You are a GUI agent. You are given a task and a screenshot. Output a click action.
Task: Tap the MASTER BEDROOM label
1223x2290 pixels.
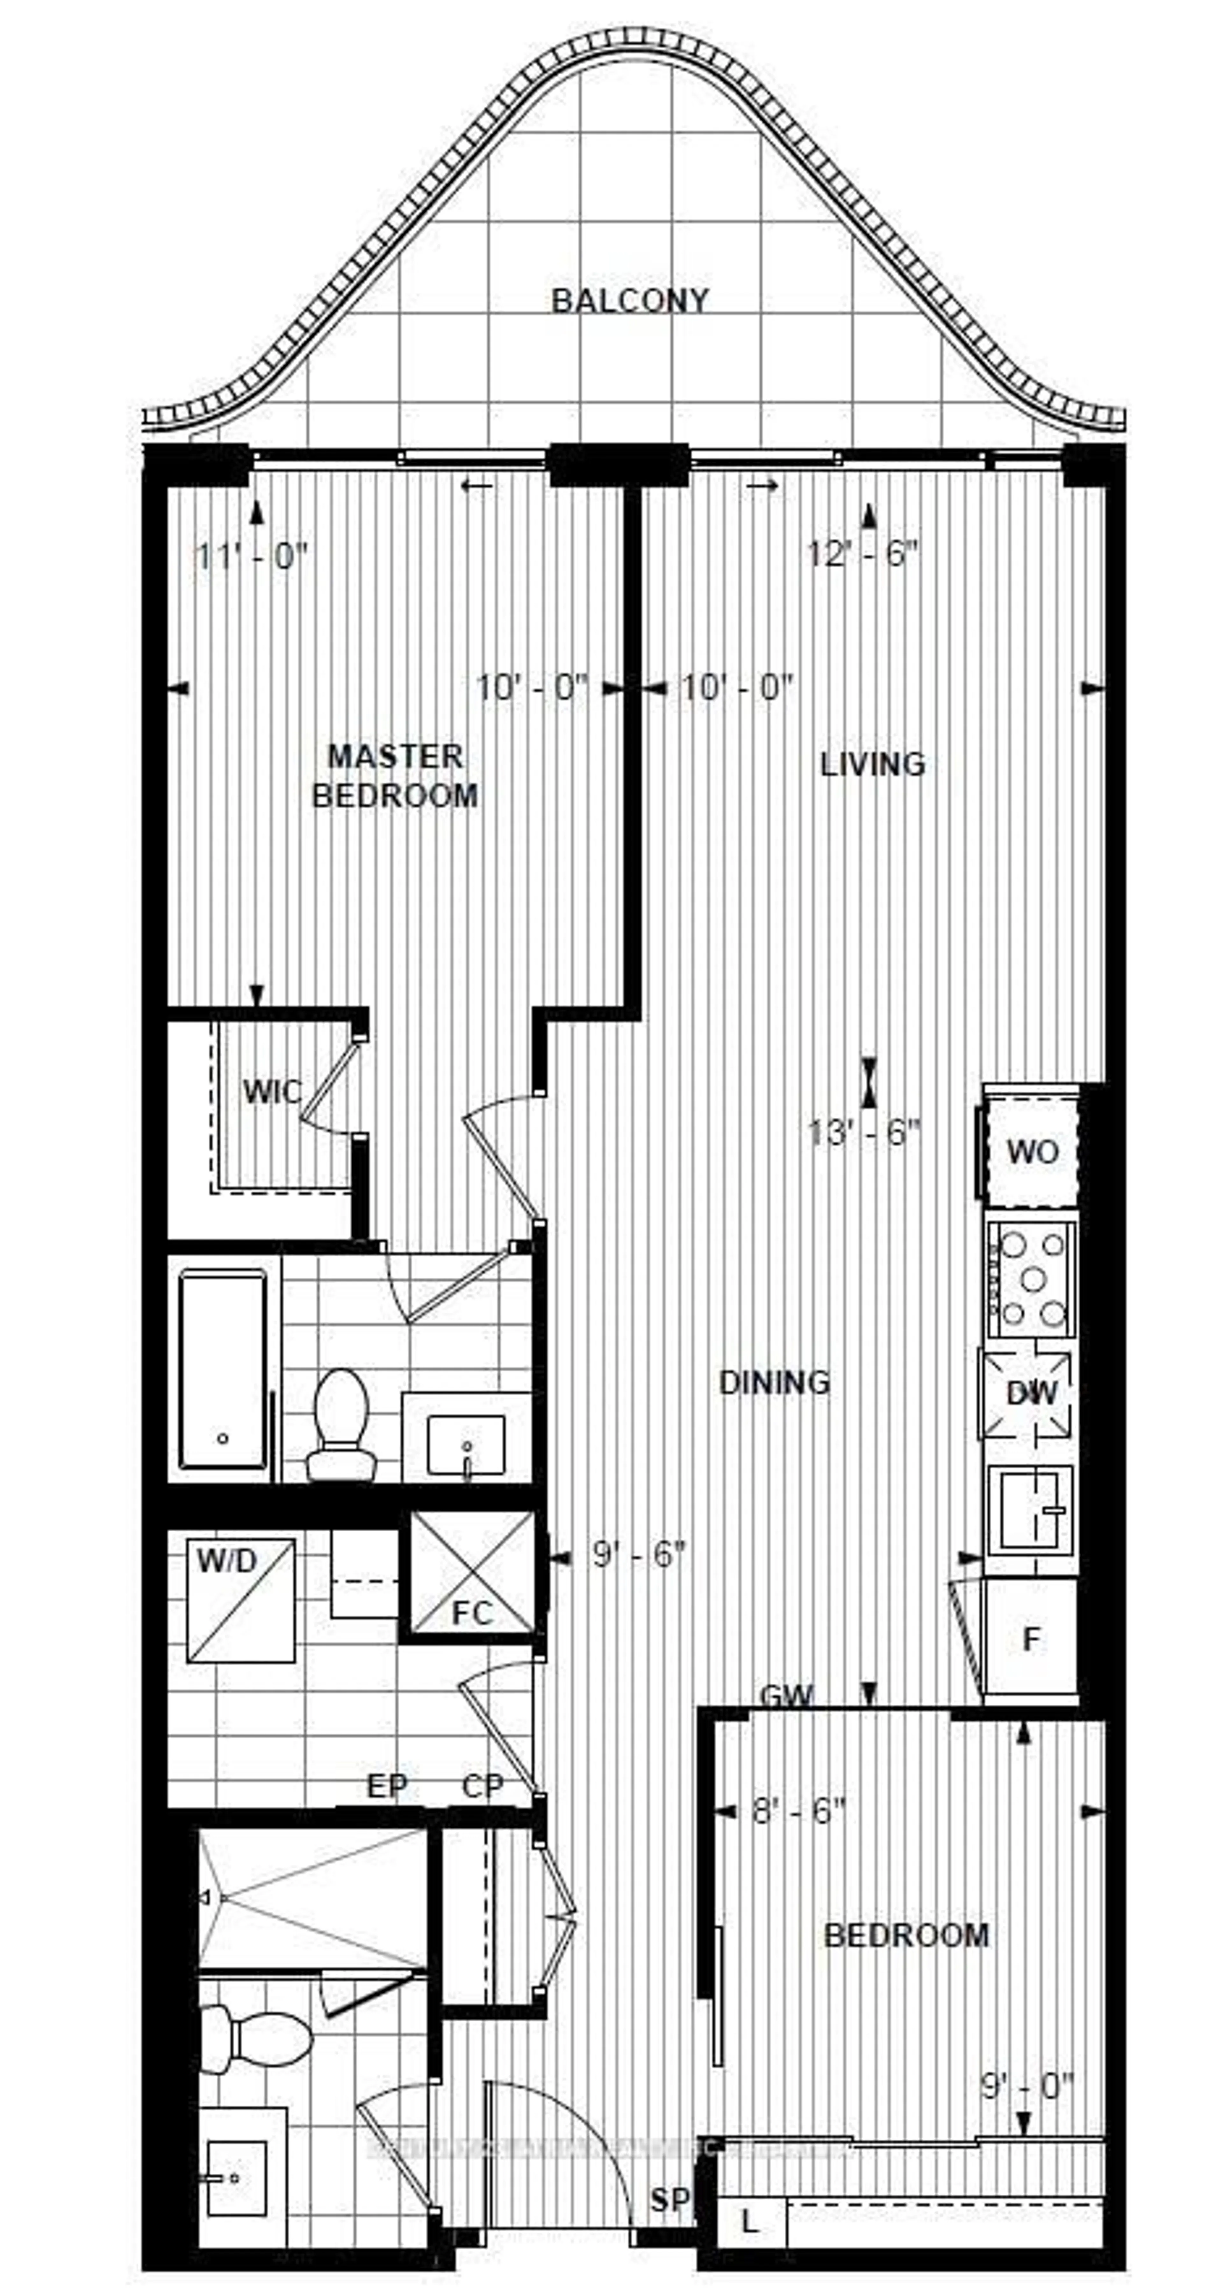tap(395, 775)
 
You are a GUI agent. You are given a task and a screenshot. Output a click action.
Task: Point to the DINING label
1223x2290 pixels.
tap(773, 1382)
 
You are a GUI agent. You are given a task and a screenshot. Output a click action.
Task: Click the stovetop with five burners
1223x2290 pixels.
tap(1031, 1280)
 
